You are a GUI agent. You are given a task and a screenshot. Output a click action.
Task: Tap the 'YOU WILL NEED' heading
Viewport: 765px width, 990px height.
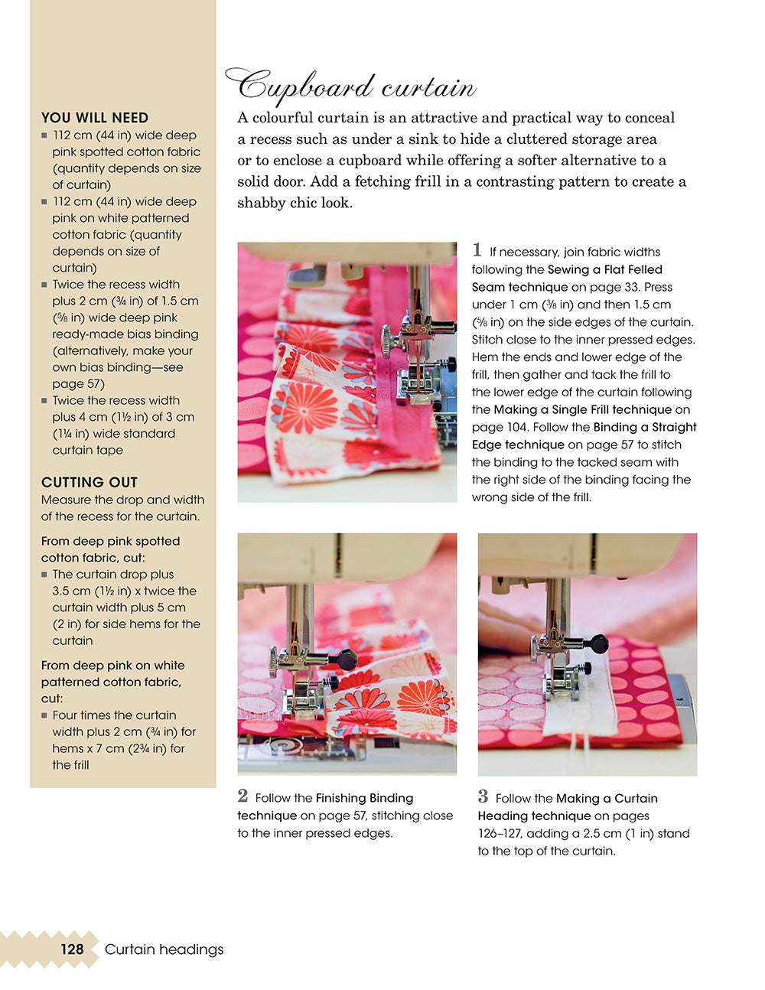95,118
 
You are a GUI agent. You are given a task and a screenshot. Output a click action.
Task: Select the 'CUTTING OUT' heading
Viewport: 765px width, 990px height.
90,483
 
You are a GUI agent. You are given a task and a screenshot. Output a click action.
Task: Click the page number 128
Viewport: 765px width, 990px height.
72,949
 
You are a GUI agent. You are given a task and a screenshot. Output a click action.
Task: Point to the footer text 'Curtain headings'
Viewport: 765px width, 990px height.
164,949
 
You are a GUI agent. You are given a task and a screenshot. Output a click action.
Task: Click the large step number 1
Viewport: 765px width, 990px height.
477,250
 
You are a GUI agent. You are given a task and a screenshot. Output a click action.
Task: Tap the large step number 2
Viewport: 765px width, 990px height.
243,796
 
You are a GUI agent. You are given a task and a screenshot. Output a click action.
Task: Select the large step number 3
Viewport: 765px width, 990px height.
483,796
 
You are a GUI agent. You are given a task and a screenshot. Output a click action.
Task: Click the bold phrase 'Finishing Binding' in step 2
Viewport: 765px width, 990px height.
364,798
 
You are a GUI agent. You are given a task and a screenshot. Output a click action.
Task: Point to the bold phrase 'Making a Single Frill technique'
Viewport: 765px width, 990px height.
582,409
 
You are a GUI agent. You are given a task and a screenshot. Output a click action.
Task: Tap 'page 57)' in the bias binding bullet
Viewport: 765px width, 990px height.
78,384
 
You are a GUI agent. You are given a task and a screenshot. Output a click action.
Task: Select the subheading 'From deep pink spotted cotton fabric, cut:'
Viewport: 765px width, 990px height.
111,549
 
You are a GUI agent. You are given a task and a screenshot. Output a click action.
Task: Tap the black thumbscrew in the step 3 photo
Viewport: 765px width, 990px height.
599,643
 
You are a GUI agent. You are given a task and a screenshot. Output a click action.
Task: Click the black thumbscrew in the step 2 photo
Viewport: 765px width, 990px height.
347,659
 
